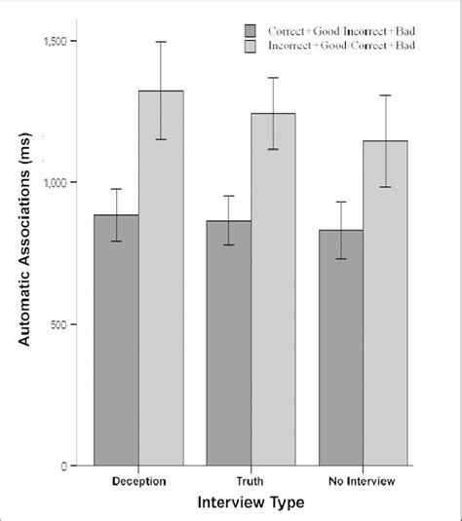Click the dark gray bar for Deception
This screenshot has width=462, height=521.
[116, 340]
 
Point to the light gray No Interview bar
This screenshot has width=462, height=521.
[387, 303]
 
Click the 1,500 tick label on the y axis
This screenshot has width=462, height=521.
[58, 42]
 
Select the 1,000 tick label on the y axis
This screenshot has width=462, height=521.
[58, 183]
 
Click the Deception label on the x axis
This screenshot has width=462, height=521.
[138, 481]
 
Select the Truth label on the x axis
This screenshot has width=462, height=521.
[251, 481]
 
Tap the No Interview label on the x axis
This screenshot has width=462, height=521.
[365, 481]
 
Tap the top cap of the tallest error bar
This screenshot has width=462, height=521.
[161, 42]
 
